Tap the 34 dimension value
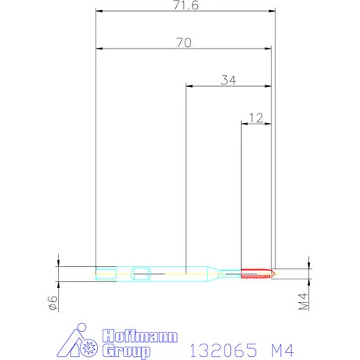(x=229, y=79)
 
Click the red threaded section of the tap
(x=255, y=273)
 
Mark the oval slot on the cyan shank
(x=142, y=273)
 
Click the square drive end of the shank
(x=106, y=273)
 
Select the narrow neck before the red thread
(x=230, y=273)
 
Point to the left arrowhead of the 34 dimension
(x=188, y=86)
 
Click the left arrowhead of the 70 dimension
(x=99, y=49)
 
